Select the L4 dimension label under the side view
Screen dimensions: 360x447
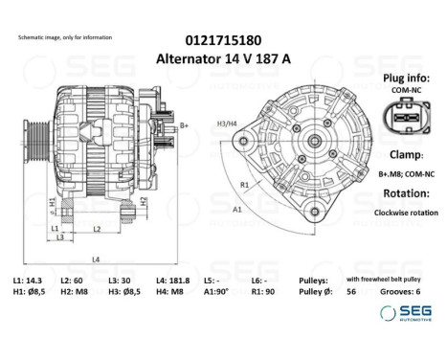pyautogui.click(x=94, y=259)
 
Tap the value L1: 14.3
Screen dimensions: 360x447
pyautogui.click(x=27, y=280)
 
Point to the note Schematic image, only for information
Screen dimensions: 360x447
pyautogui.click(x=64, y=36)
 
